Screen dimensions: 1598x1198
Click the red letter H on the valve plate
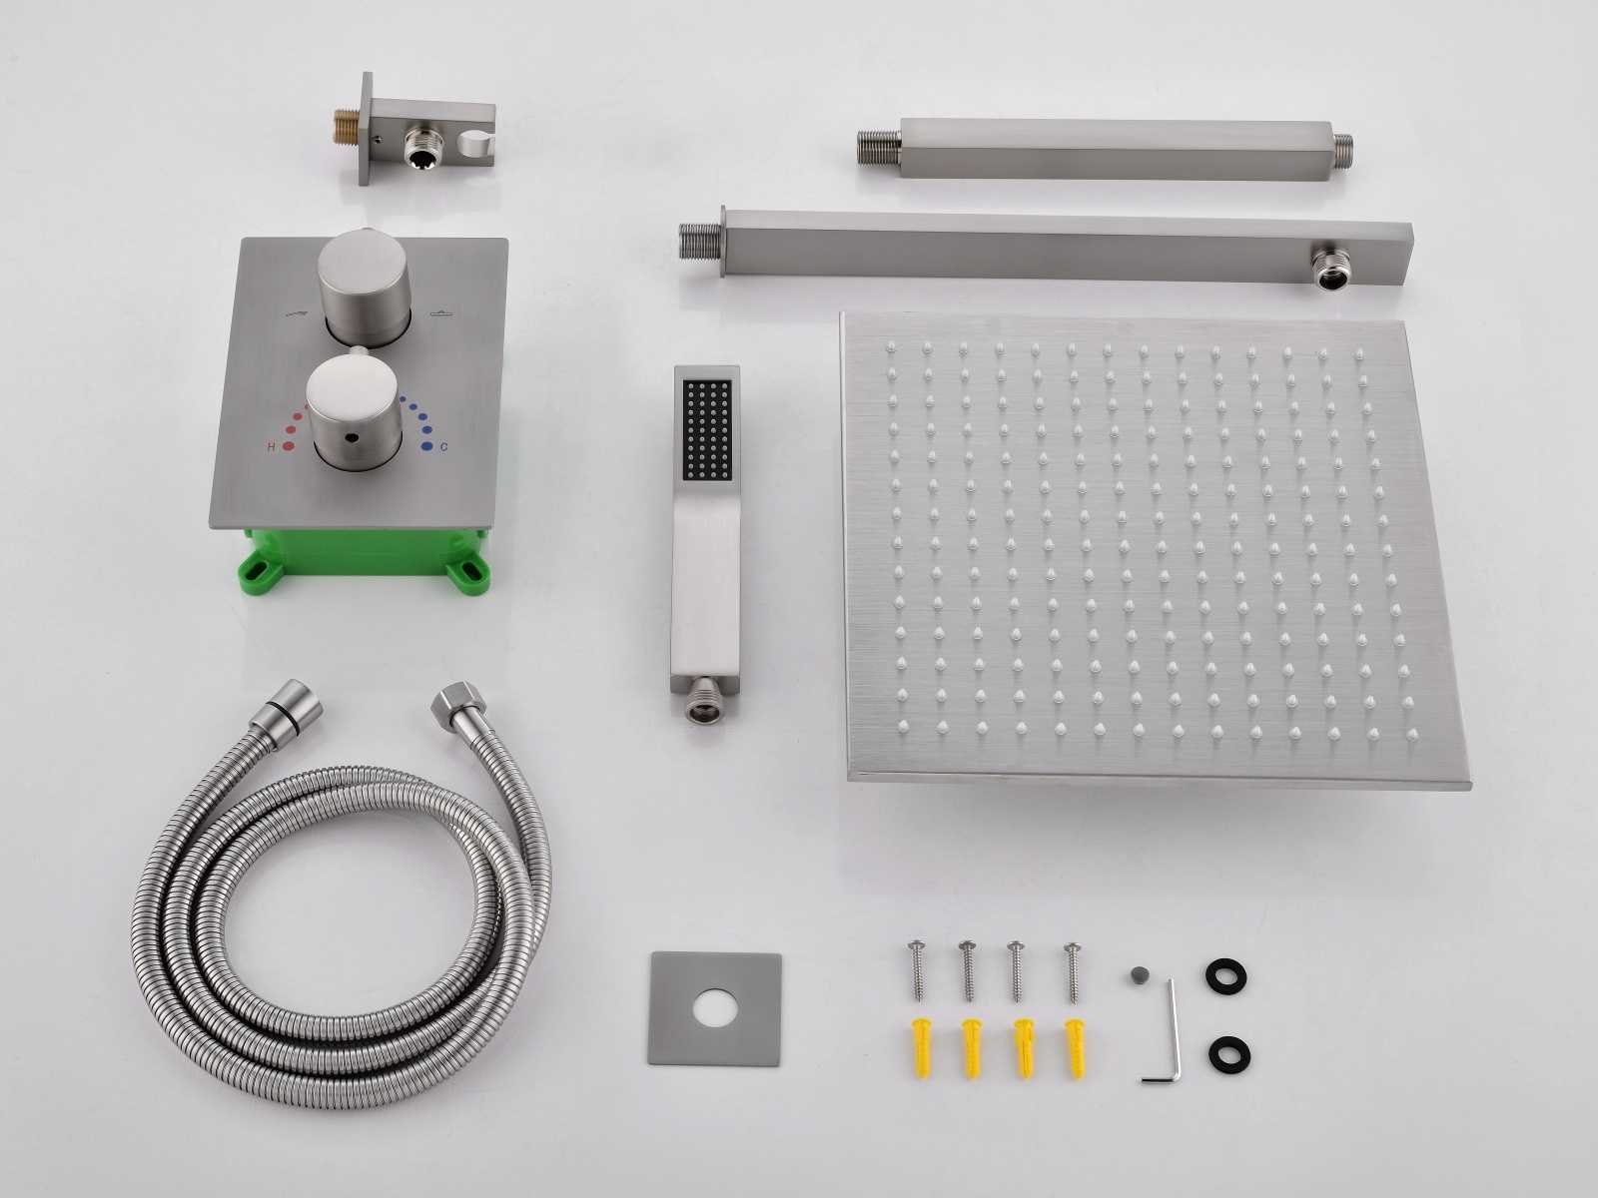tap(272, 446)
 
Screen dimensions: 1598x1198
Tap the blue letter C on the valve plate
tap(444, 446)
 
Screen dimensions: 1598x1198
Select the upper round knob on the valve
tap(364, 286)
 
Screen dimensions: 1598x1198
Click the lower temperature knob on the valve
tap(355, 411)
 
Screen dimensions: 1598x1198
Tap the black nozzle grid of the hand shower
tap(706, 429)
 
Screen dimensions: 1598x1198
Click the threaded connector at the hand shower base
tap(702, 699)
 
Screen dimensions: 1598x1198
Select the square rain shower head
tap(1154, 550)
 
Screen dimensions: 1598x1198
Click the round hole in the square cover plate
tap(714, 1009)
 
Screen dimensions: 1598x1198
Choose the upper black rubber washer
tap(1226, 975)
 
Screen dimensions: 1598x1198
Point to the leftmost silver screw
tap(917, 971)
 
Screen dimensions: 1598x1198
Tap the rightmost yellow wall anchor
tap(1076, 1048)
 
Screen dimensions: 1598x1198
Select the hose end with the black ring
tap(286, 705)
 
